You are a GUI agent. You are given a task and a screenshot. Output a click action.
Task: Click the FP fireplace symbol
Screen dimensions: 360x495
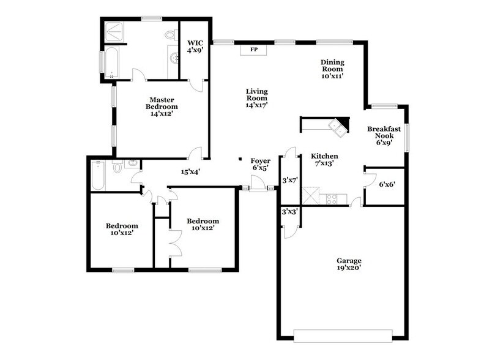(253, 50)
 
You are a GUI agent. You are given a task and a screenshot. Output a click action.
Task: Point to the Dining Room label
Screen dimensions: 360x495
(333, 69)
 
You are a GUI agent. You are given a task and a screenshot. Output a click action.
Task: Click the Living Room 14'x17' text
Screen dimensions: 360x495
(256, 98)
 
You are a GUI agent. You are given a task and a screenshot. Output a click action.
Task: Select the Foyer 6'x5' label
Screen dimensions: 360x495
(261, 164)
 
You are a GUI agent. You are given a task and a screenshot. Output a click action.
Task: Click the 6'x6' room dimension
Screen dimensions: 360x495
(386, 184)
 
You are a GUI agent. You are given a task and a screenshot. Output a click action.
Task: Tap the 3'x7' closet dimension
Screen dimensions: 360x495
(289, 181)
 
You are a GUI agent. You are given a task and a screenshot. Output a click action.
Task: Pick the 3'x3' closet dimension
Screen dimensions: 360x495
(289, 211)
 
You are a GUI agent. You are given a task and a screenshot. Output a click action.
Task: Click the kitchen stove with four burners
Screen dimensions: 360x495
(332, 198)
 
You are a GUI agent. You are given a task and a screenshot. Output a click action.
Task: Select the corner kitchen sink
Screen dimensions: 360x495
(337, 127)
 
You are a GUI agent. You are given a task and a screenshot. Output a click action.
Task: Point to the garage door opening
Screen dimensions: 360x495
(343, 335)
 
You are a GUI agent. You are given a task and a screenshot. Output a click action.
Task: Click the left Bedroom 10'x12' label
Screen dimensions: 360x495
(122, 228)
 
